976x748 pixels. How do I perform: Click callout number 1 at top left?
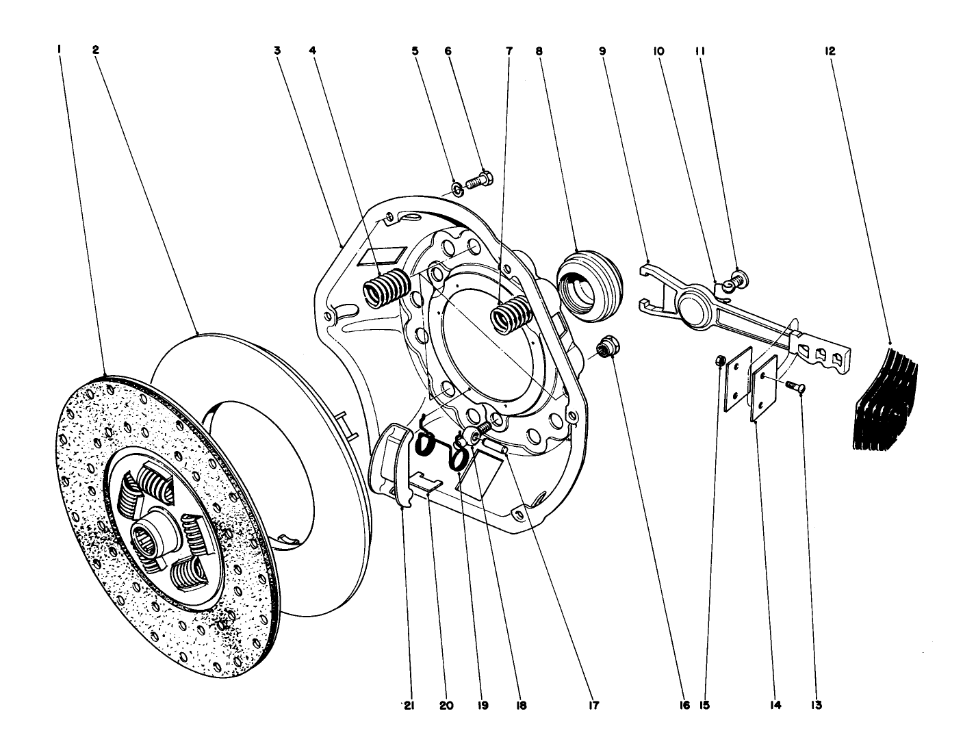[60, 51]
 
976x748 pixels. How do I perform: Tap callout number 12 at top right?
[830, 51]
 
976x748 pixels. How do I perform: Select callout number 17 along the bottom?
[593, 705]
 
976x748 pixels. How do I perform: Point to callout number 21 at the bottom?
[408, 705]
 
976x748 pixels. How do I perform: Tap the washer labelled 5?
[457, 188]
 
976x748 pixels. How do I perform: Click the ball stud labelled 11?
[739, 276]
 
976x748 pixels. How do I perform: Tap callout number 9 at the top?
[602, 51]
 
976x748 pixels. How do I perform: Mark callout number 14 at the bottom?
[774, 705]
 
